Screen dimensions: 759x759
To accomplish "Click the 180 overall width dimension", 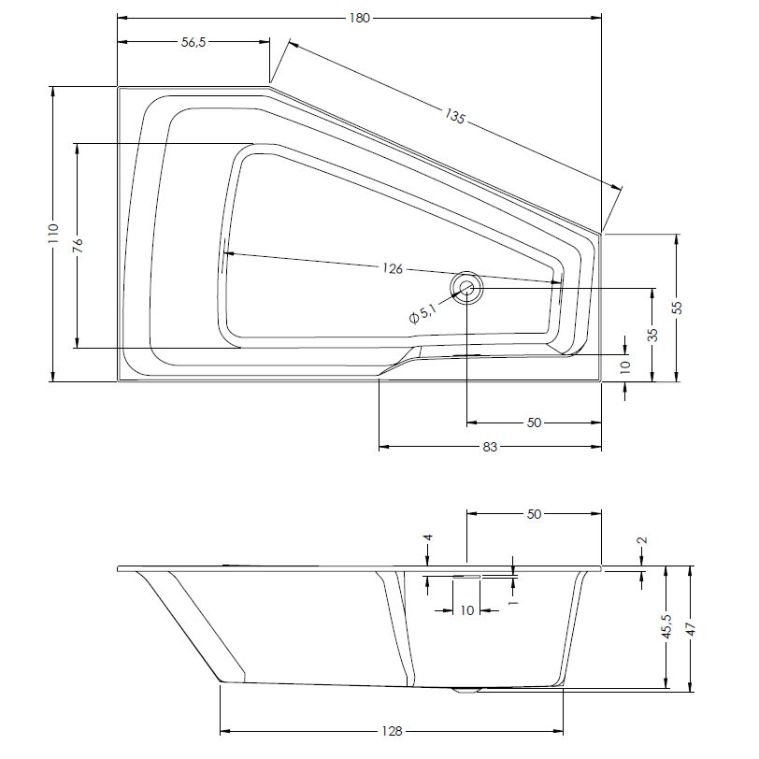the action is (x=360, y=19).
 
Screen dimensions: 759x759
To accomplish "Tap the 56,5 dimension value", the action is (x=193, y=42).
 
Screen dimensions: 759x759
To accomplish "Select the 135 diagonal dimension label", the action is (x=454, y=116).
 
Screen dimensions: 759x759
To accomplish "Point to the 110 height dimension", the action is (x=53, y=234).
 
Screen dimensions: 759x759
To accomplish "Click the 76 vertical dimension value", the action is (x=78, y=246).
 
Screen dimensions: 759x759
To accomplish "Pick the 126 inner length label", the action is (x=393, y=268).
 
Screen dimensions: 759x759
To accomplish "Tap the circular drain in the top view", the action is (x=466, y=288).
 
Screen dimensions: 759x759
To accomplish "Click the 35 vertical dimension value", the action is (x=653, y=335).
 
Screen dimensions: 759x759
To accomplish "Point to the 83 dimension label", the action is (x=490, y=447).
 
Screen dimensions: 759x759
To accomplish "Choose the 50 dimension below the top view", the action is (x=534, y=422).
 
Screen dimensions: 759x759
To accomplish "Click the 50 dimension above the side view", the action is (x=534, y=514).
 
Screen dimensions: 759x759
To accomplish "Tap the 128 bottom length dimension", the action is (x=392, y=731).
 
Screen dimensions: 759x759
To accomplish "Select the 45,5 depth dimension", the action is (x=667, y=627).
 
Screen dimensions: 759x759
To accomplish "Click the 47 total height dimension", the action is (x=692, y=629).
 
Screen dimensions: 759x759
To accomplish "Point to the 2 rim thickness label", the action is (x=643, y=540).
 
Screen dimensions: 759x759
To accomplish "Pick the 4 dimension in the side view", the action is (x=427, y=537).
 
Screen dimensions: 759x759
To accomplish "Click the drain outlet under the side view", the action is (x=465, y=691).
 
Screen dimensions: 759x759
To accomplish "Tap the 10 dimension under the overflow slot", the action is (x=467, y=611).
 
